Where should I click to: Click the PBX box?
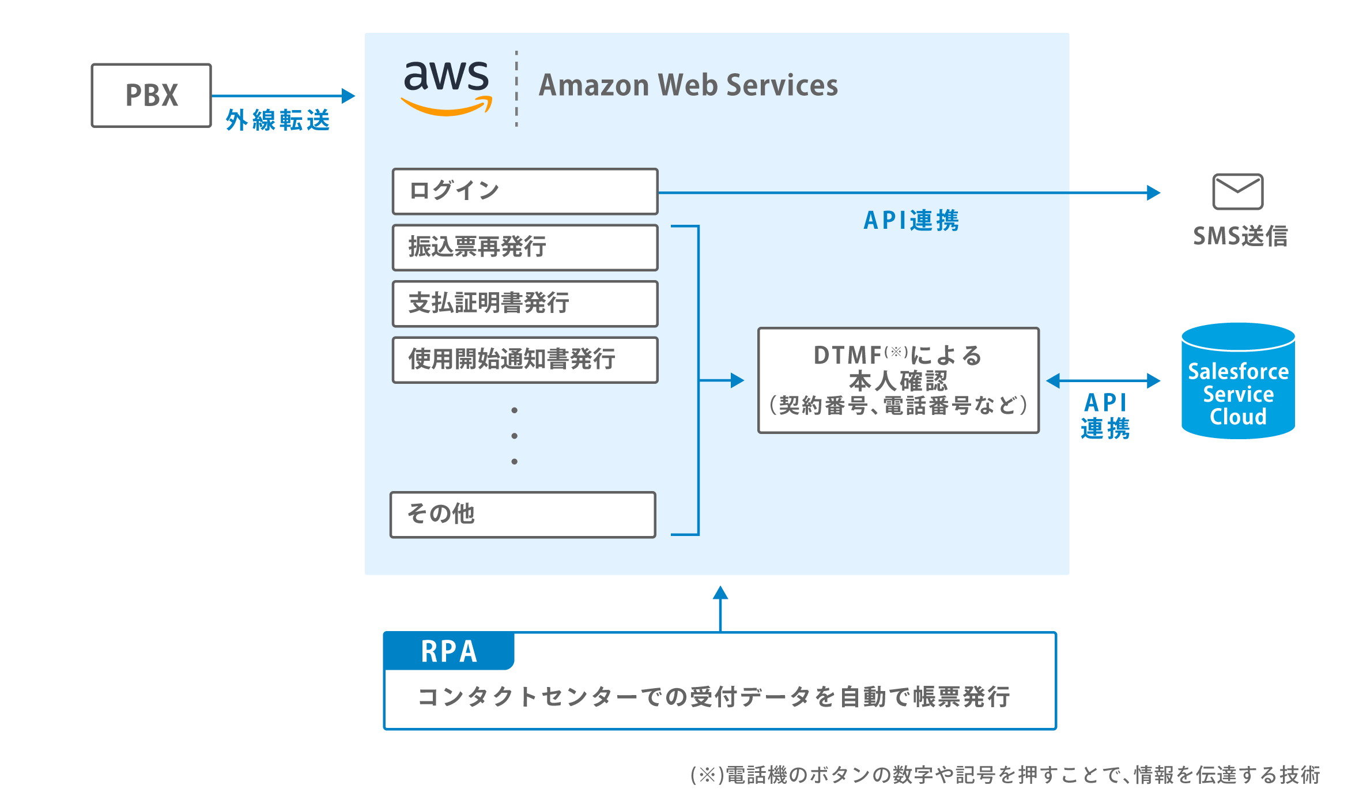point(152,95)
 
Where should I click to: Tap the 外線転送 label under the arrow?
point(278,120)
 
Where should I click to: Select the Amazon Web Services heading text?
point(688,85)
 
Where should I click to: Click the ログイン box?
point(524,191)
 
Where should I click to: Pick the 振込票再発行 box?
point(524,247)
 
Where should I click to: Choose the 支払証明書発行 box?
point(524,303)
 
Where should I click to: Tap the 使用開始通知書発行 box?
point(524,360)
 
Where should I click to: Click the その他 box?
point(523,514)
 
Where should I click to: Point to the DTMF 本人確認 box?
point(898,380)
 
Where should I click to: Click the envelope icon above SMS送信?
point(1237,191)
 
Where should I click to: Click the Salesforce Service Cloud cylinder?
point(1238,381)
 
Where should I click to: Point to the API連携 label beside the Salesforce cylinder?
point(1105,416)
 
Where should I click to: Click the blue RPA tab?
point(449,651)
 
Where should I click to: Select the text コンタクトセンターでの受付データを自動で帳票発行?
point(714,697)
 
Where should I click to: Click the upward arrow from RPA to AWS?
point(720,608)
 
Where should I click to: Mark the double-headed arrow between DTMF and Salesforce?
point(1103,380)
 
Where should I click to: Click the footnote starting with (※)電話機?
point(1005,775)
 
